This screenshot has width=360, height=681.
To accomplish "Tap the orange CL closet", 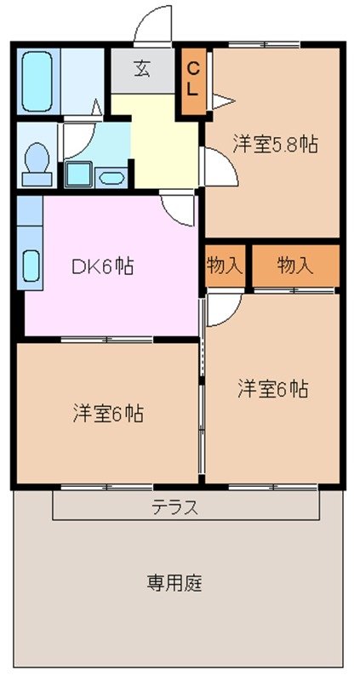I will (x=193, y=81).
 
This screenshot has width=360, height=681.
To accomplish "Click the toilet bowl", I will (x=37, y=160).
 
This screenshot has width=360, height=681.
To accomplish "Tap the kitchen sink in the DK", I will (x=30, y=266).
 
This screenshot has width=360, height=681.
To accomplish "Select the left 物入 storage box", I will (x=225, y=266).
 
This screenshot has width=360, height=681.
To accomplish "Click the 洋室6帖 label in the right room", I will (x=272, y=389).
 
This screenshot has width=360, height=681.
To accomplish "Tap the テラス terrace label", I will (x=176, y=508).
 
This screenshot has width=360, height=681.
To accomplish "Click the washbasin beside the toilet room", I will (x=111, y=177).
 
